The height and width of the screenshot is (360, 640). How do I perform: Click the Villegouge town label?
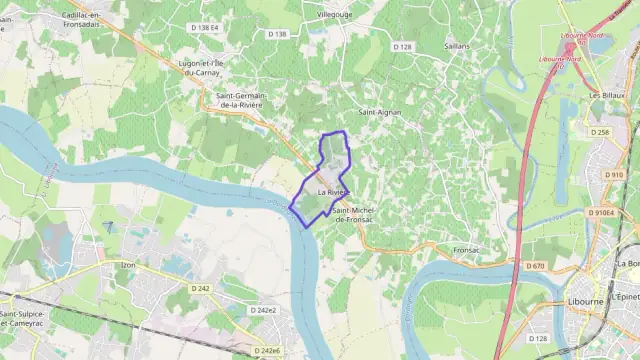[335, 16]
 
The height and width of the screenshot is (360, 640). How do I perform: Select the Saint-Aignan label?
[380, 112]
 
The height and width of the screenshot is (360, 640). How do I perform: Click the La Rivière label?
[333, 192]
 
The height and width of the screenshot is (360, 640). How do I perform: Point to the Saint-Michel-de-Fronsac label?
[353, 214]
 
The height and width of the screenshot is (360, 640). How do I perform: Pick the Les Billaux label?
[606, 95]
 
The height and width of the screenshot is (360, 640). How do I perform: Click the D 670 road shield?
[535, 265]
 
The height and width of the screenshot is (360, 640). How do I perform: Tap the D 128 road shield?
[403, 46]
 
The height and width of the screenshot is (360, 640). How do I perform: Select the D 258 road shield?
[600, 132]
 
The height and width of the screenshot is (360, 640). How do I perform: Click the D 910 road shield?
[614, 174]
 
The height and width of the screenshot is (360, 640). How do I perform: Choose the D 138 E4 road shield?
[201, 28]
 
